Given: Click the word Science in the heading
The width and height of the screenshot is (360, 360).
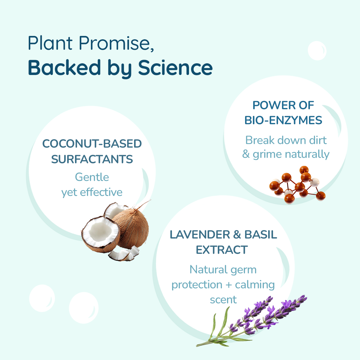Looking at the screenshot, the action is (175, 67).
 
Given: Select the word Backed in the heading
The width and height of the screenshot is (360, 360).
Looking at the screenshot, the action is (64, 67).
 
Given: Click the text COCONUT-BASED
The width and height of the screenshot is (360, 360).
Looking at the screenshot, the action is (92, 144).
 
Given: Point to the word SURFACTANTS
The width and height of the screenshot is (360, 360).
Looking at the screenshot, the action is (92, 159).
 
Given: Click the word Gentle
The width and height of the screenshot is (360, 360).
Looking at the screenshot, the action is (92, 177).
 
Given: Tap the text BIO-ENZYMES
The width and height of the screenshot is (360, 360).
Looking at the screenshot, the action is (283, 120).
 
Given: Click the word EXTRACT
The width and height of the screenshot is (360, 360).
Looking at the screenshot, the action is (222, 250).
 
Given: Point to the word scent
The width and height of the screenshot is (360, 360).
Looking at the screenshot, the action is (223, 300).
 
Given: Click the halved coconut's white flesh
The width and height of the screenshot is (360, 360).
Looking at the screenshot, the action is (101, 232).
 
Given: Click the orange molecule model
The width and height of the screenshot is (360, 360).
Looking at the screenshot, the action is (297, 185).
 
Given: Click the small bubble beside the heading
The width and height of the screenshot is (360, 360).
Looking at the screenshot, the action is (317, 51).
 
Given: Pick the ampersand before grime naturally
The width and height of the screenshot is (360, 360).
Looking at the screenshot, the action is (246, 154).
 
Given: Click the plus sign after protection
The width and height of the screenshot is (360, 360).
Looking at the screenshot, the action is (229, 285).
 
